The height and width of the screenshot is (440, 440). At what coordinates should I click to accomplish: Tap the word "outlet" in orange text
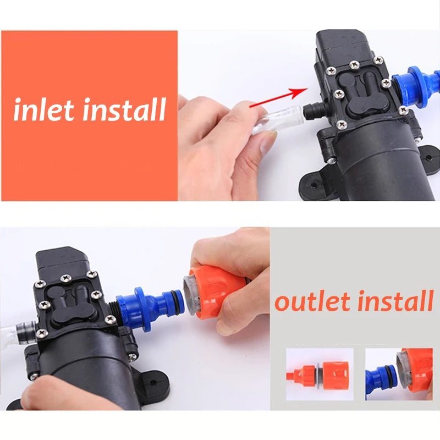point(312,301)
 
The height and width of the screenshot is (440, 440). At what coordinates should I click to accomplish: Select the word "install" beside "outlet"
point(394,301)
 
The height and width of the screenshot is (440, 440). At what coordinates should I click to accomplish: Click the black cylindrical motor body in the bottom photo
point(82,369)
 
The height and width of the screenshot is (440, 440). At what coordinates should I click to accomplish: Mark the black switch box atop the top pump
point(344,47)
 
